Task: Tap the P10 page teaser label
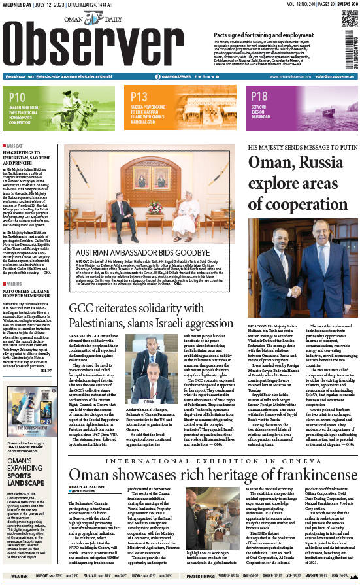18,97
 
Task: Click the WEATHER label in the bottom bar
19,577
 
